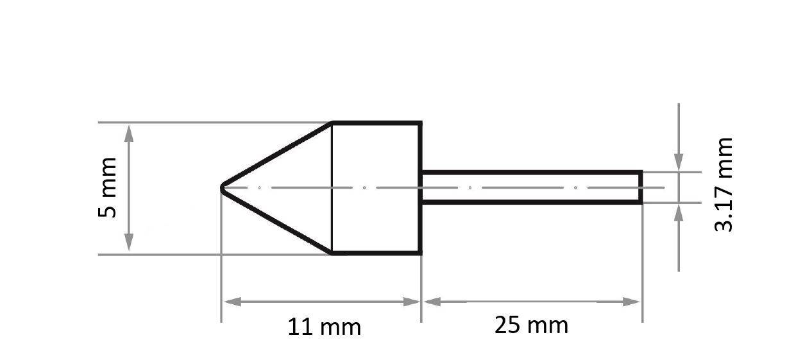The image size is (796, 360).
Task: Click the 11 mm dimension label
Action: [324, 327]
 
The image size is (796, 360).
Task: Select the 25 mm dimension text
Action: [531, 325]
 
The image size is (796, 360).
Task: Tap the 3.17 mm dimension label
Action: [724, 184]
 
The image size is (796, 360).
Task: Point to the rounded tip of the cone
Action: [223, 188]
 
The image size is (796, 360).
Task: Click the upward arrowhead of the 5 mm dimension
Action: [129, 133]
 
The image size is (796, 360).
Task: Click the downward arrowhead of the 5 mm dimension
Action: [129, 243]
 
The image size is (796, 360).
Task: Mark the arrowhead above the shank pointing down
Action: [679, 163]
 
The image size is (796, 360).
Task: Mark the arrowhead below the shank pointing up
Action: [679, 212]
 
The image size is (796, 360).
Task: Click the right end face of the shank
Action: [641, 187]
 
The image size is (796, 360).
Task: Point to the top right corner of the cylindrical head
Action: [420, 123]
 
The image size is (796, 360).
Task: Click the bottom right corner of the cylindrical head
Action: [420, 253]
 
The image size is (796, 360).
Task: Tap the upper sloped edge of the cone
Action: [276, 156]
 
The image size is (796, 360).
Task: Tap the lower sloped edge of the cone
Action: [276, 220]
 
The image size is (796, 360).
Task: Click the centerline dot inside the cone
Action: [259, 188]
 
